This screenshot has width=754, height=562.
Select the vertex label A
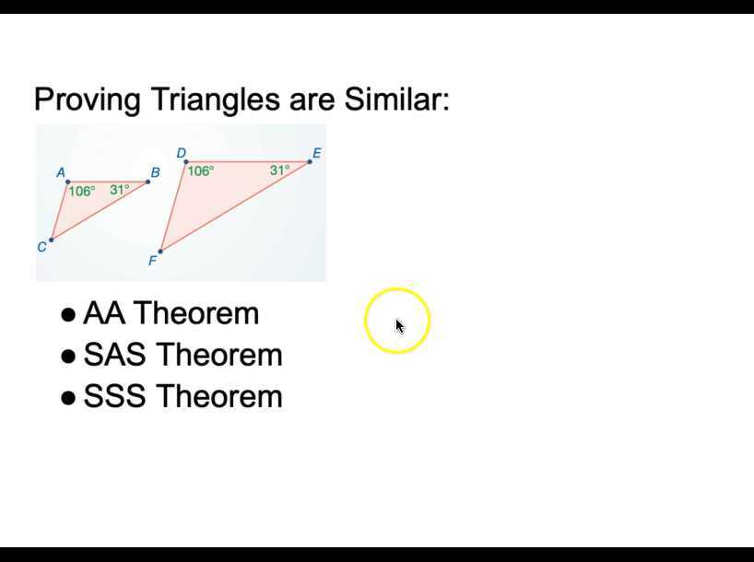pos(61,172)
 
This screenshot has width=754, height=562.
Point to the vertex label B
pos(155,172)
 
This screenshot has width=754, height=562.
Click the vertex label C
pos(41,247)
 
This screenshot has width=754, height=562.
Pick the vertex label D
pos(182,153)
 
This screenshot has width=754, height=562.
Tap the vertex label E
pos(317,153)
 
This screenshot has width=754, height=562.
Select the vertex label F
pos(153,261)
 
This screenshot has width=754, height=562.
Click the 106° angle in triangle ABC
pos(82,192)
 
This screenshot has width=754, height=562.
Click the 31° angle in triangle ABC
pos(120,190)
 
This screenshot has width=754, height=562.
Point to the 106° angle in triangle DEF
pos(200,170)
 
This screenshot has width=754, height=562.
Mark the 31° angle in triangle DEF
pos(279,170)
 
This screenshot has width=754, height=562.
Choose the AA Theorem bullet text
pos(171,313)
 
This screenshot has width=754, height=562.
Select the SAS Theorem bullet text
pos(183,355)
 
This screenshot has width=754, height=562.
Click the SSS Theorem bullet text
pos(183,396)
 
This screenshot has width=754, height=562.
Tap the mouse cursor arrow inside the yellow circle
pos(399,325)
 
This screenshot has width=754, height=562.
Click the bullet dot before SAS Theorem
pos(67,356)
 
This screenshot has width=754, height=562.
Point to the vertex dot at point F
pos(160,251)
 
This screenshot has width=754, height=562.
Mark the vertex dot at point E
pos(310,161)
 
